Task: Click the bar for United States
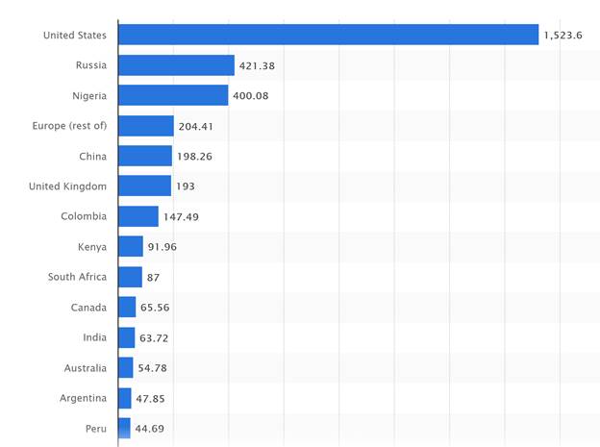[x=328, y=35]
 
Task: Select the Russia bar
[x=176, y=65]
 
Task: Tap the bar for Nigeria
[x=173, y=95]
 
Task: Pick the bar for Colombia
[x=138, y=216]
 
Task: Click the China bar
[x=145, y=156]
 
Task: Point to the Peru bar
[x=124, y=428]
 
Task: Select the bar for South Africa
[x=130, y=277]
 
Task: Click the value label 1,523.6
[x=563, y=36]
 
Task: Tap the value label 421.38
[x=258, y=65]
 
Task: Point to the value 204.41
[x=197, y=126]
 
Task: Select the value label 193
[x=186, y=186]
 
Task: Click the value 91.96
[x=162, y=247]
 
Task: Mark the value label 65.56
[x=155, y=308]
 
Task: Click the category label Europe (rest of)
[x=69, y=126]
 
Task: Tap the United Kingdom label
[x=68, y=186]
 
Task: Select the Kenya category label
[x=92, y=247]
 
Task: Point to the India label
[x=94, y=337]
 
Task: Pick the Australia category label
[x=86, y=368]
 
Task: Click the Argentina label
[x=83, y=398]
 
